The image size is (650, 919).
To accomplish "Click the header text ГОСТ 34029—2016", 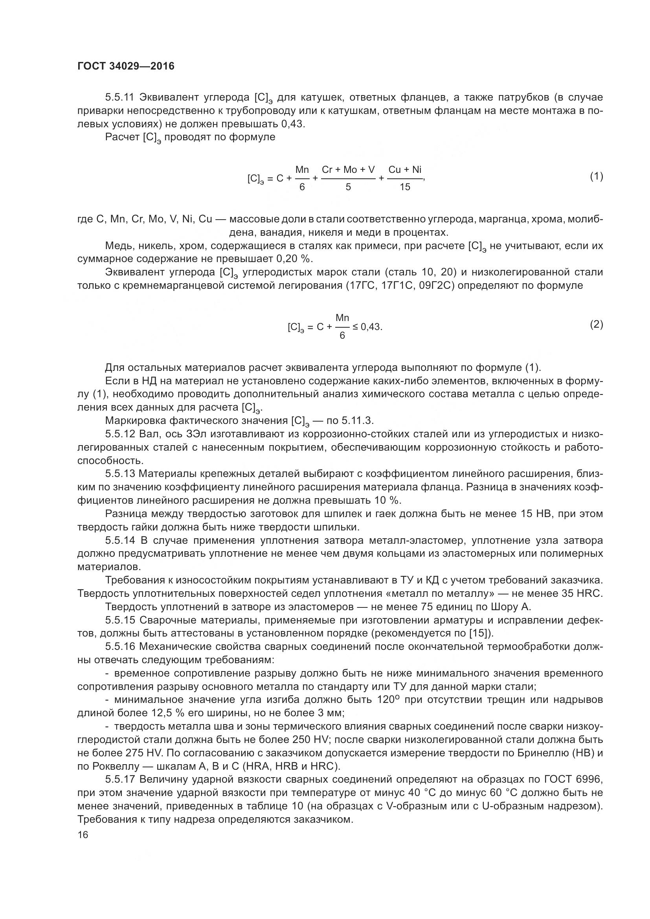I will coord(126,66).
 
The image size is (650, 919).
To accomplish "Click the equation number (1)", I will coord(597,176).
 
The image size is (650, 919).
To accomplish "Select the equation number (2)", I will coord(597,324).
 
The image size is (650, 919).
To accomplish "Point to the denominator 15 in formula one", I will coord(405,187).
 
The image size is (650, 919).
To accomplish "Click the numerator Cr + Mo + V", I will coord(348,170).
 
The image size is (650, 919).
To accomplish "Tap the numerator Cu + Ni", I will coord(405,170).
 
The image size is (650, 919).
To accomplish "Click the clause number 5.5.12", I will coord(121,434).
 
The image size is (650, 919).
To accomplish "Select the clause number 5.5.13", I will coord(121,474).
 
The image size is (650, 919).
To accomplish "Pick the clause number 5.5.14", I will coord(121,540).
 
